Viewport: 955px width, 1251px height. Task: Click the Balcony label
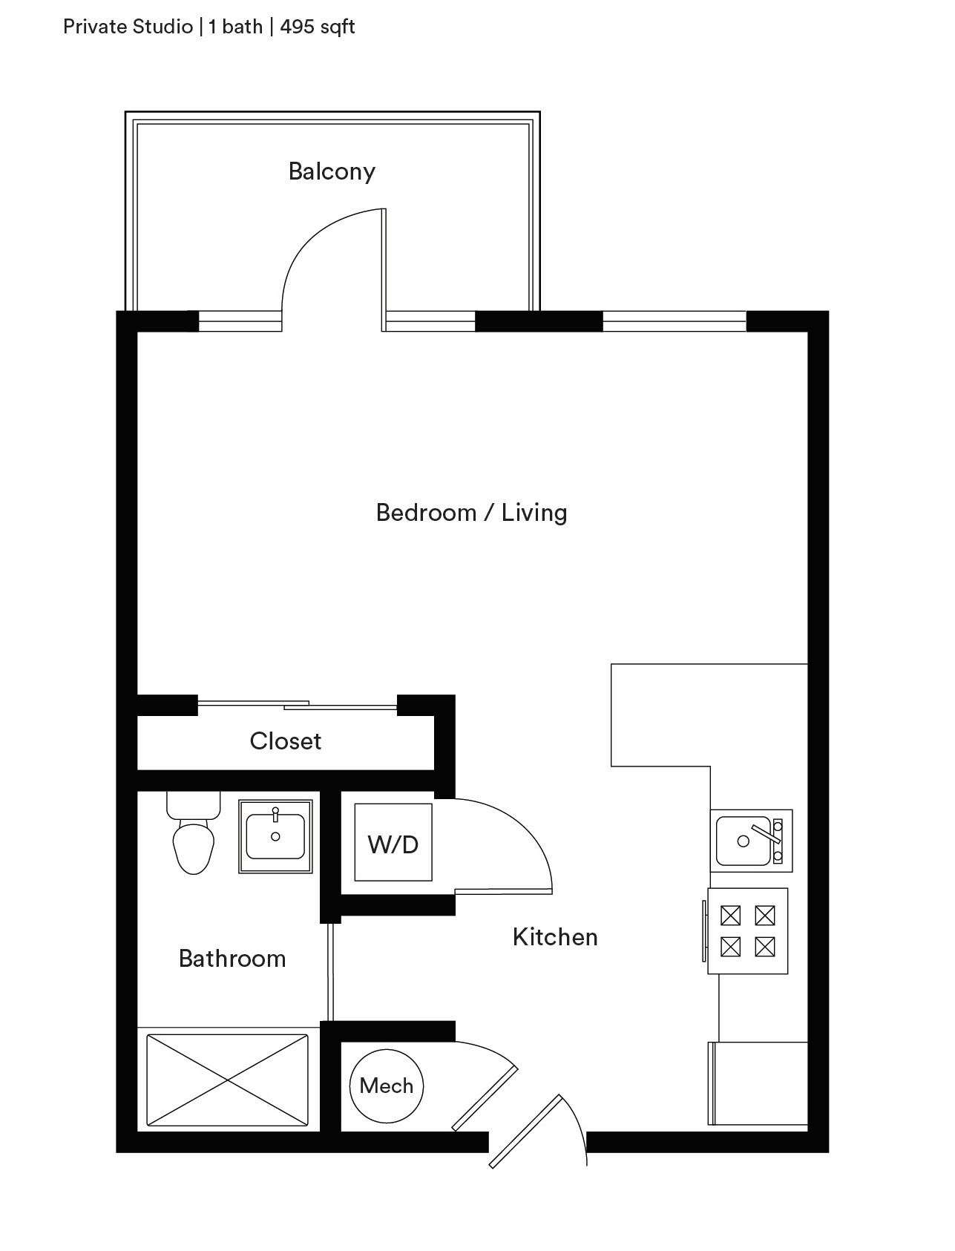[x=332, y=171]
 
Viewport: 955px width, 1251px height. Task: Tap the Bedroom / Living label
[x=471, y=513]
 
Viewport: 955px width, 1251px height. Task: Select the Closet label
[x=286, y=741]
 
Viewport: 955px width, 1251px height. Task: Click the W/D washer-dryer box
[x=393, y=843]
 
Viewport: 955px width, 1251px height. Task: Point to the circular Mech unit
[x=387, y=1086]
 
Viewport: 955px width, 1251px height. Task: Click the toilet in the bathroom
[x=194, y=833]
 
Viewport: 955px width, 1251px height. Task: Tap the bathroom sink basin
[x=275, y=836]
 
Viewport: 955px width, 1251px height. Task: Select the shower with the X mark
[x=228, y=1080]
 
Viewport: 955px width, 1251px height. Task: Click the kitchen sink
[x=752, y=841]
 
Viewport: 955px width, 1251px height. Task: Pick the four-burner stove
[x=747, y=931]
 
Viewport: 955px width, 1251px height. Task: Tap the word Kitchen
[x=555, y=937]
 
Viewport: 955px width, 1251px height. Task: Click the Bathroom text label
[x=232, y=959]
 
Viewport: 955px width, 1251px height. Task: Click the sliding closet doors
[x=297, y=705]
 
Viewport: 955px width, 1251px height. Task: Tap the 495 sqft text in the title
[x=318, y=27]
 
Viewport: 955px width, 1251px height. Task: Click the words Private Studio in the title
[x=128, y=27]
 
